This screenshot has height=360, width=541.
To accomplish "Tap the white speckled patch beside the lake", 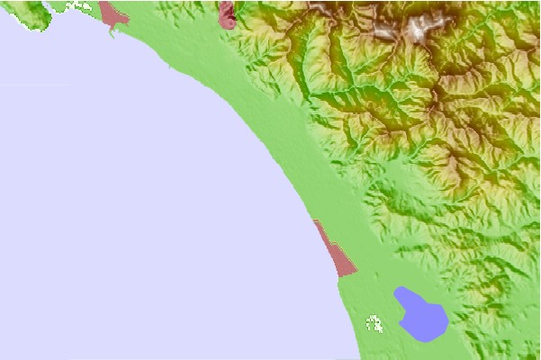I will (374, 321).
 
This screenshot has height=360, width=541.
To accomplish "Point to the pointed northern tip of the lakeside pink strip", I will (315, 221).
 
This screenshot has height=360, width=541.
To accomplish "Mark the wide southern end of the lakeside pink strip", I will (346, 268).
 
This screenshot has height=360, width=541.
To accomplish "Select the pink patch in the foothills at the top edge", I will (227, 13).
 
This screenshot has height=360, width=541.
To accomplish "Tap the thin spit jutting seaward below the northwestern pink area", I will (113, 30).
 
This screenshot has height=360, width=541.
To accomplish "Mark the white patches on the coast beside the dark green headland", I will (81, 5).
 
